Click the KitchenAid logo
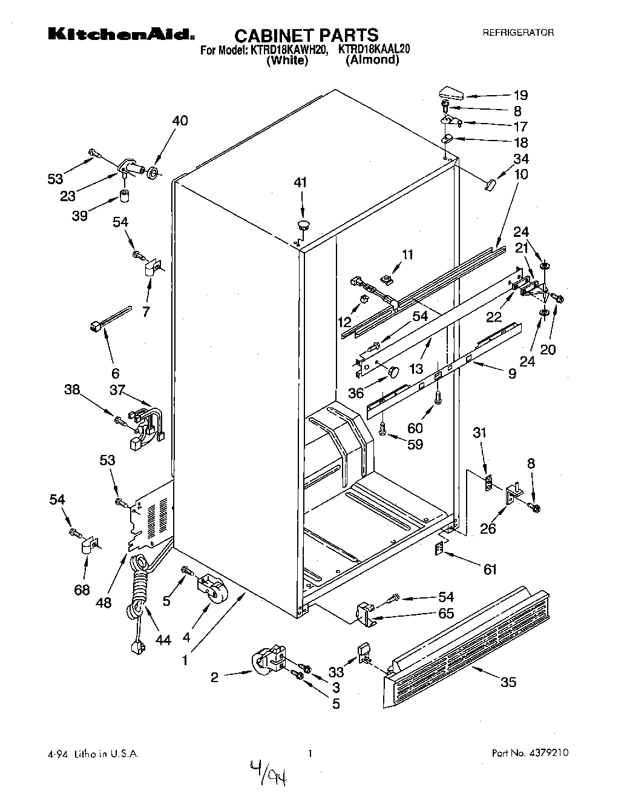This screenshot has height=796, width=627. point(121,35)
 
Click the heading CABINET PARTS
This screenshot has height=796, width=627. point(306,35)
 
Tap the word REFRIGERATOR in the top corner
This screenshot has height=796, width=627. point(517,33)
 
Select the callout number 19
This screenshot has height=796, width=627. point(520,95)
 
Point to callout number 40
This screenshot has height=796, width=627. point(180,121)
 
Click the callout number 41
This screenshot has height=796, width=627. point(301,182)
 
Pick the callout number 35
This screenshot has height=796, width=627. point(508,682)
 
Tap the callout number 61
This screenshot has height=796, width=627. point(490,569)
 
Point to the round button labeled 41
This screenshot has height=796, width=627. point(303,225)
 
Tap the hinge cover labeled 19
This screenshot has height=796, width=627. point(449,94)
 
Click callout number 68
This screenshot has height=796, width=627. point(82,589)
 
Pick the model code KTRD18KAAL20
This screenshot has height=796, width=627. point(374,50)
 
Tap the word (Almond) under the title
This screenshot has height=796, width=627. point(372,61)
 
